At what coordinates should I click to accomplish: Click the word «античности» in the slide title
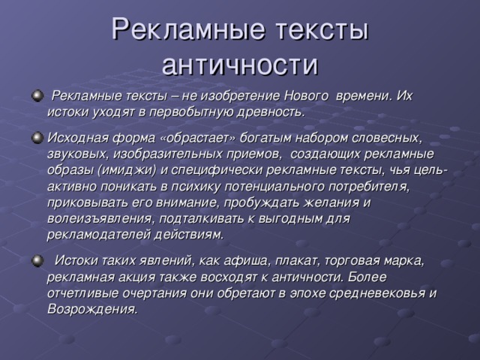[240, 65]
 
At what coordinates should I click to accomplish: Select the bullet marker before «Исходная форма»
[37, 138]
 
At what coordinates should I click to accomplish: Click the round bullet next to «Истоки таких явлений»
[37, 261]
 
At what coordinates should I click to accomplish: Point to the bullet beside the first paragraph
[37, 96]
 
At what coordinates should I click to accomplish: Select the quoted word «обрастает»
[198, 138]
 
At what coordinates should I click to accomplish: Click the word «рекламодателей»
[98, 235]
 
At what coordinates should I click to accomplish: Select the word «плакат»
[297, 261]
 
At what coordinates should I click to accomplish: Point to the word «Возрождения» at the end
[92, 310]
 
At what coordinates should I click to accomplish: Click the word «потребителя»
[369, 187]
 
